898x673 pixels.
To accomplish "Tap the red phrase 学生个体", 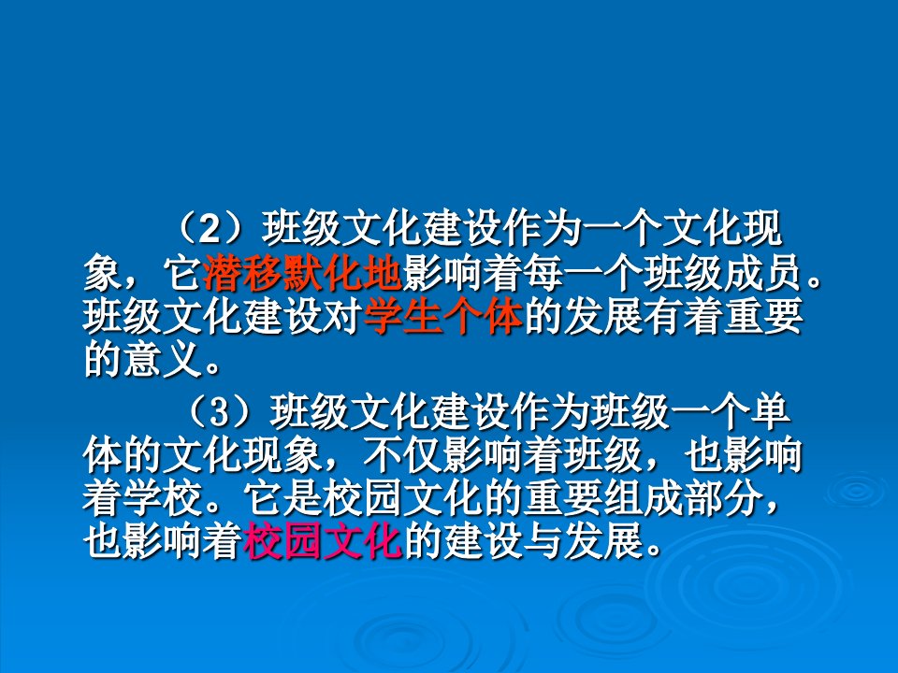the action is coord(442,317).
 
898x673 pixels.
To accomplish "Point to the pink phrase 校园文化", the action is coord(322,540).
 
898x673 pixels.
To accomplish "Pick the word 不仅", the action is coord(402,455).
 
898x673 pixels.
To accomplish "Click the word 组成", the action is coord(643,498).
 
